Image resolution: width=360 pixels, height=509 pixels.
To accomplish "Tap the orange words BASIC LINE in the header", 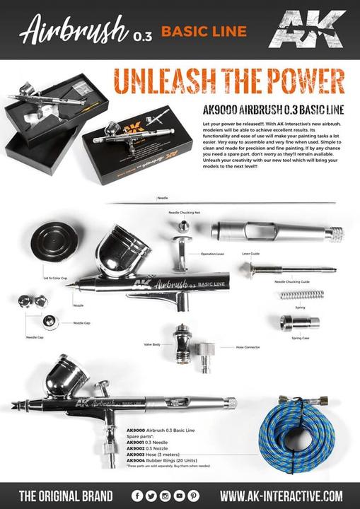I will [204, 31].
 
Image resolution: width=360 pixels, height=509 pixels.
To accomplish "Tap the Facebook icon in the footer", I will [137, 496].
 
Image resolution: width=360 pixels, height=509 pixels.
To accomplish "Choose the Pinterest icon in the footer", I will [193, 496].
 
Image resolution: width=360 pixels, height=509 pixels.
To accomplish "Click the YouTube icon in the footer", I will [179, 496].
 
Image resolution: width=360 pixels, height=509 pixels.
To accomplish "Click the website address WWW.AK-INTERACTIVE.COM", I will [281, 496].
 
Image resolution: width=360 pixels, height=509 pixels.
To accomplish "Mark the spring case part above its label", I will [299, 322].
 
